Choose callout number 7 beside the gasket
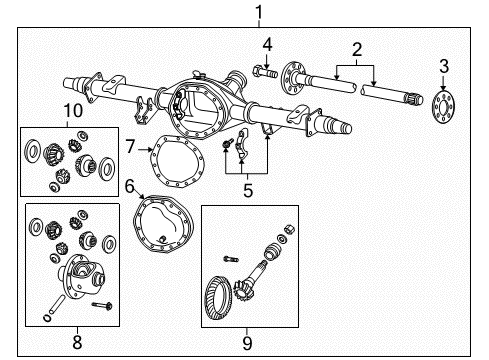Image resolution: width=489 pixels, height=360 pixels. [x=130, y=147]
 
